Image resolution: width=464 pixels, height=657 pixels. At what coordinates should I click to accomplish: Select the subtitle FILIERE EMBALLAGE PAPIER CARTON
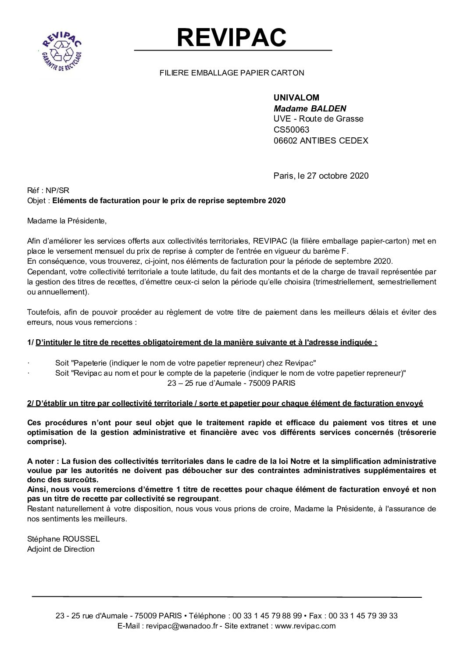pyautogui.click(x=232, y=73)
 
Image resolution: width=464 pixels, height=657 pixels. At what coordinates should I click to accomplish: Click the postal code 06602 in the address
pyautogui.click(x=286, y=140)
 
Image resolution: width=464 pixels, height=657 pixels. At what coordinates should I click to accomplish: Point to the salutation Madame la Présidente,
pyautogui.click(x=67, y=221)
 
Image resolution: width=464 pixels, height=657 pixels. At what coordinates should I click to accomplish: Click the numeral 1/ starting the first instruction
pyautogui.click(x=30, y=343)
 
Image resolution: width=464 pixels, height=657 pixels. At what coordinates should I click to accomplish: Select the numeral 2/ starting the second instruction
pyautogui.click(x=30, y=403)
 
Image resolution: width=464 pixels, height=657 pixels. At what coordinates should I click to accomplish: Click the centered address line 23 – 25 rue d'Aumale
pyautogui.click(x=232, y=383)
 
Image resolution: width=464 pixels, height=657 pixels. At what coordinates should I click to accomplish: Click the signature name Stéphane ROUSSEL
pyautogui.click(x=63, y=539)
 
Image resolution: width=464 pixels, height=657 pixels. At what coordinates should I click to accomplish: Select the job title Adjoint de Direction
pyautogui.click(x=61, y=549)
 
